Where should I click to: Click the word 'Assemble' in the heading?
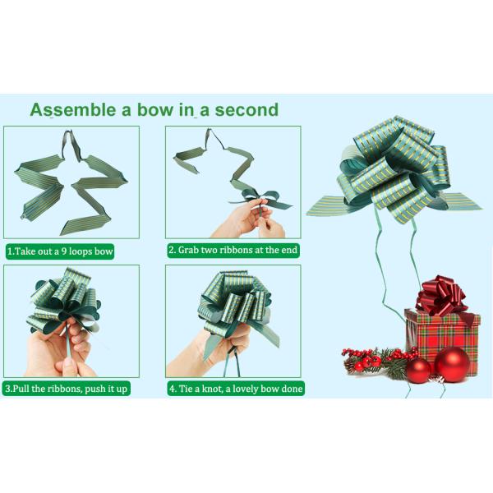coord(73,110)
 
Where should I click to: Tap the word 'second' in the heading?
coord(246,110)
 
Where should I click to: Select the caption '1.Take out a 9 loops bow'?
coord(60,251)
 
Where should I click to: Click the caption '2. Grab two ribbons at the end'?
coord(233,251)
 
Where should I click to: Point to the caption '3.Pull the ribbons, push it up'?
coord(67,389)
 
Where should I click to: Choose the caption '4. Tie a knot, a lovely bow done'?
coord(236,389)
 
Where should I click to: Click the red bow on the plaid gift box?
coord(440,296)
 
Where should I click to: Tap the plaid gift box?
coord(442,339)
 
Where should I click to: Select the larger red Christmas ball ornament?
coord(452,365)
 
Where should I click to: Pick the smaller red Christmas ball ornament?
coord(418,371)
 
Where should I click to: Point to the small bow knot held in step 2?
coord(261,200)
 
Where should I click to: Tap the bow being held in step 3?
coord(64,302)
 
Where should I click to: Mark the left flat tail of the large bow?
coord(327,206)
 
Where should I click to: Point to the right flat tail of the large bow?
coord(462,201)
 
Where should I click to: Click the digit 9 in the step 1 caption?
coord(63,251)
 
